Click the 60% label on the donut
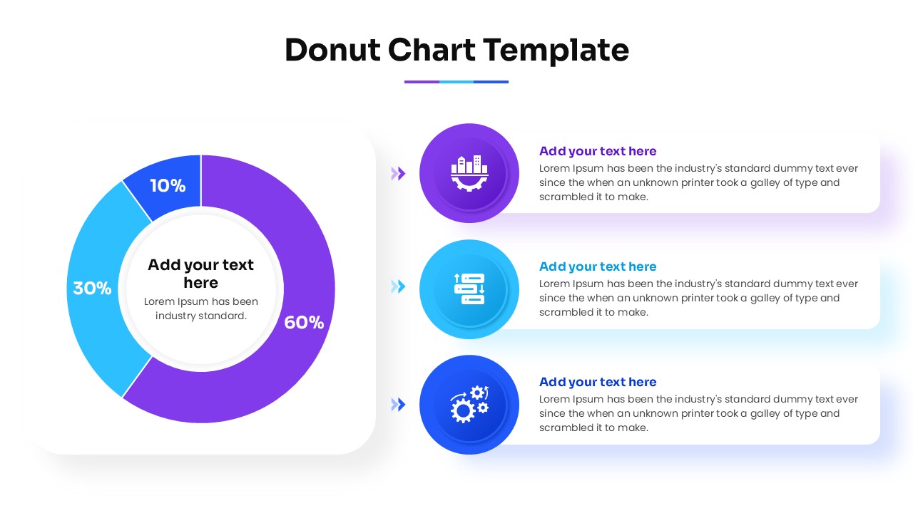(304, 323)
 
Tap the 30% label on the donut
(92, 289)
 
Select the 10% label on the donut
(168, 186)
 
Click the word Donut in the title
(331, 50)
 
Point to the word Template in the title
(556, 50)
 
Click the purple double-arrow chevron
(398, 173)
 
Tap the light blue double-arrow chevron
(398, 286)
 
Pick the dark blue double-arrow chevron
(398, 405)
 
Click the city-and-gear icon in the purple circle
(469, 173)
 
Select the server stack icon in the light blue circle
(469, 289)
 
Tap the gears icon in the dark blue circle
(469, 405)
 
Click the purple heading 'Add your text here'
(598, 151)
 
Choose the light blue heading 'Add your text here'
(598, 266)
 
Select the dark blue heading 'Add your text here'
(598, 382)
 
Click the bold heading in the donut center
(200, 274)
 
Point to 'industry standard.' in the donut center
(201, 316)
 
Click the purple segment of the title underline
(422, 82)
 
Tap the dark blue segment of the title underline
(491, 82)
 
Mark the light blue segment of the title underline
(456, 82)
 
